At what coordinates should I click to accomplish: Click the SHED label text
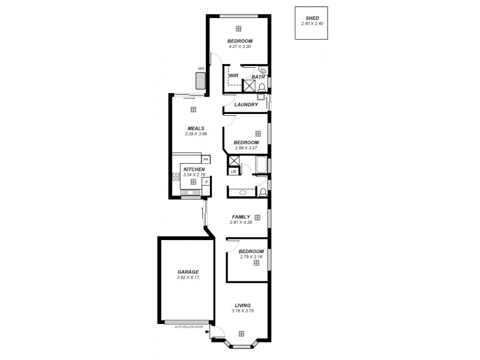click(x=311, y=18)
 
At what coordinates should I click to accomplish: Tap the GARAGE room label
click(x=188, y=271)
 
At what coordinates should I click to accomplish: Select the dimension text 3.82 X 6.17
click(x=188, y=277)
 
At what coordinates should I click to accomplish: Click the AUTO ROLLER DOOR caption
click(x=187, y=327)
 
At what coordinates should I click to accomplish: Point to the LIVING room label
click(x=242, y=305)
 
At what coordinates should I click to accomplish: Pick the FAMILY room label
click(x=241, y=217)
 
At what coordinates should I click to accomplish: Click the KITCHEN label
click(x=193, y=169)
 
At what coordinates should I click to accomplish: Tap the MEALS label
click(x=196, y=128)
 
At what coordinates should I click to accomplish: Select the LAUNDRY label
click(x=246, y=105)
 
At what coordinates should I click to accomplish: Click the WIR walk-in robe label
click(x=233, y=76)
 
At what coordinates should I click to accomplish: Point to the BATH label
click(x=258, y=77)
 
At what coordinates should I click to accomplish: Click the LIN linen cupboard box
click(x=233, y=172)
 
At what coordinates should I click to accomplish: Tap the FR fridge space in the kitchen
click(x=206, y=160)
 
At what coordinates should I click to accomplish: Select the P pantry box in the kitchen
click(x=206, y=181)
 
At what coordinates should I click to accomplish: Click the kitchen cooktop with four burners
click(x=176, y=177)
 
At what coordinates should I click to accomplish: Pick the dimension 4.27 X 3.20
click(x=239, y=46)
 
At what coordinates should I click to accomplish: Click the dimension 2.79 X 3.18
click(x=251, y=257)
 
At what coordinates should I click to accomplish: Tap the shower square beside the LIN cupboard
click(x=233, y=161)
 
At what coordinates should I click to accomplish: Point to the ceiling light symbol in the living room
click(x=241, y=334)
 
